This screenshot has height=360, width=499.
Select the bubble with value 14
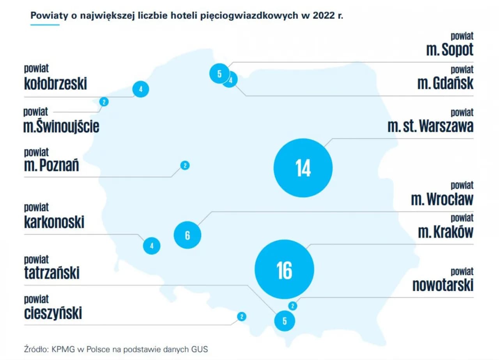pyautogui.click(x=303, y=167)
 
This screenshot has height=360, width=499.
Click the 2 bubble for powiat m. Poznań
pyautogui.click(x=185, y=165)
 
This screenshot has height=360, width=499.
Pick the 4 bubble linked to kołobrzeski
pyautogui.click(x=141, y=89)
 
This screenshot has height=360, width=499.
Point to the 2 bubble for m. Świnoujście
pyautogui.click(x=104, y=102)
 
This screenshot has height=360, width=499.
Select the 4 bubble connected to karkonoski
pyautogui.click(x=152, y=246)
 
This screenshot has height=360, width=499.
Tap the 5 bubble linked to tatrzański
pyautogui.click(x=284, y=321)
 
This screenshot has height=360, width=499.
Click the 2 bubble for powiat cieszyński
pyautogui.click(x=242, y=316)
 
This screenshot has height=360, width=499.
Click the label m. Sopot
pyautogui.click(x=449, y=50)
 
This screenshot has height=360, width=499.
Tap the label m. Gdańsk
pyautogui.click(x=445, y=83)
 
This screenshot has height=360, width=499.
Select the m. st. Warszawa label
pyautogui.click(x=430, y=126)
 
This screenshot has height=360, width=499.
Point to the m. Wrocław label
pyautogui.click(x=442, y=199)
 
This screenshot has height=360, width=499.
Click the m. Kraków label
pyautogui.click(x=446, y=232)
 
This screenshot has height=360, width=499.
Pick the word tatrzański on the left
pyautogui.click(x=52, y=273)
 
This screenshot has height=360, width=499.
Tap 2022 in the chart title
pyautogui.click(x=323, y=16)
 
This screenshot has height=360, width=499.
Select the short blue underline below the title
pyautogui.click(x=45, y=25)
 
